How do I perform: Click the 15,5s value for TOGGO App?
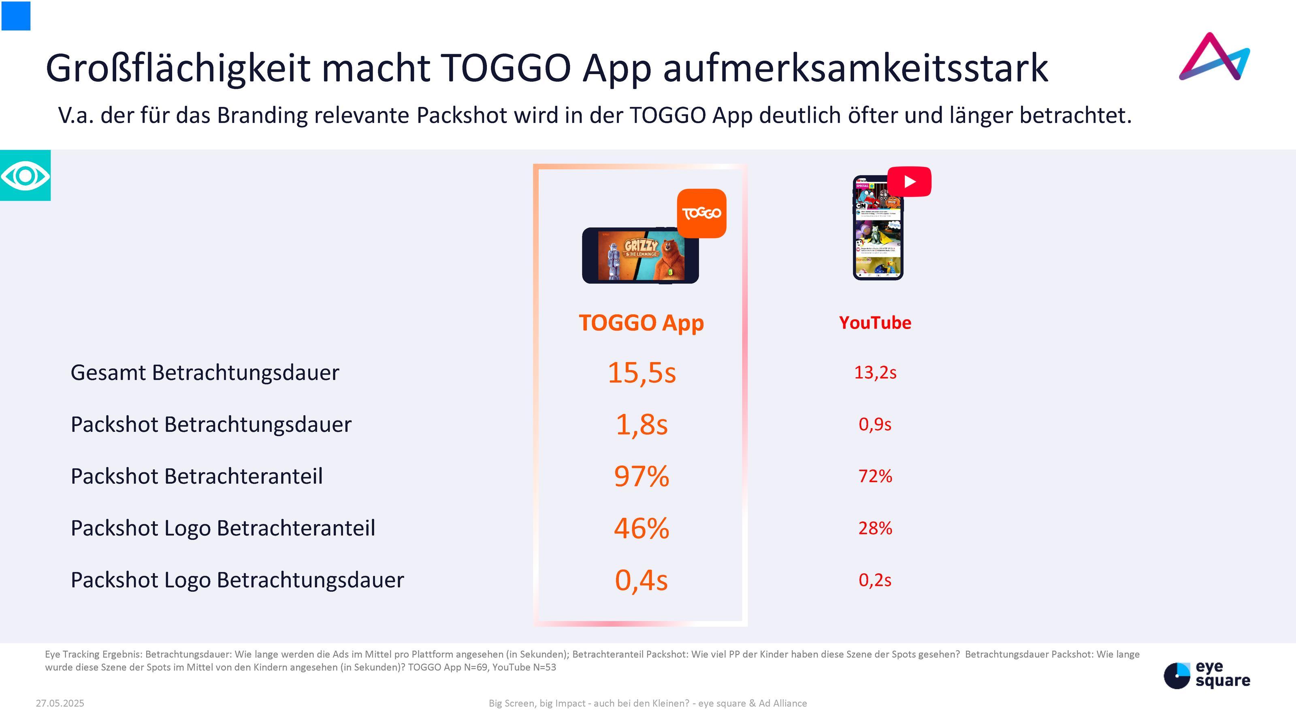point(642,373)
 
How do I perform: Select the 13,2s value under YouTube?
point(875,373)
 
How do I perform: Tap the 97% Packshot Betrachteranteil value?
point(642,476)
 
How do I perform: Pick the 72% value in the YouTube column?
point(875,476)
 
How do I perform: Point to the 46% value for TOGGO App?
point(642,528)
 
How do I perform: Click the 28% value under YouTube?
point(875,528)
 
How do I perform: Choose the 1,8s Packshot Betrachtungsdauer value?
point(642,425)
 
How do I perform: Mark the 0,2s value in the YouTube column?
point(875,580)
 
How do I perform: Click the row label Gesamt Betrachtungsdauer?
point(205,373)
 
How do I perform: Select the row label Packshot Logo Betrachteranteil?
point(223,528)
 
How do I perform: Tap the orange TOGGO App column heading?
point(641,323)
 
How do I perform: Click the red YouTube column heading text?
point(875,323)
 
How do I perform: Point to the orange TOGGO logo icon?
point(701,213)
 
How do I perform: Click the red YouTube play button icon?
point(909,181)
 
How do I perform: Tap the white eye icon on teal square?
point(25,175)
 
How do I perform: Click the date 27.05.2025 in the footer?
point(60,703)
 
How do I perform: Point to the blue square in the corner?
point(16,15)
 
